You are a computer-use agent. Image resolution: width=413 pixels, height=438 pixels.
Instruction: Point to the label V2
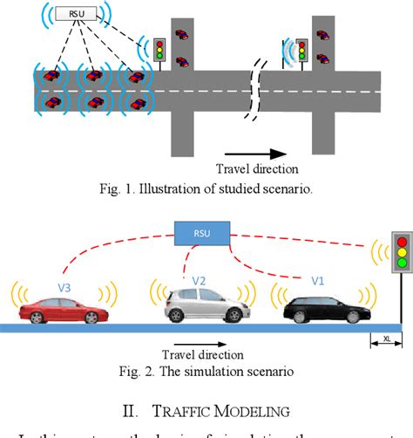coord(200,280)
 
